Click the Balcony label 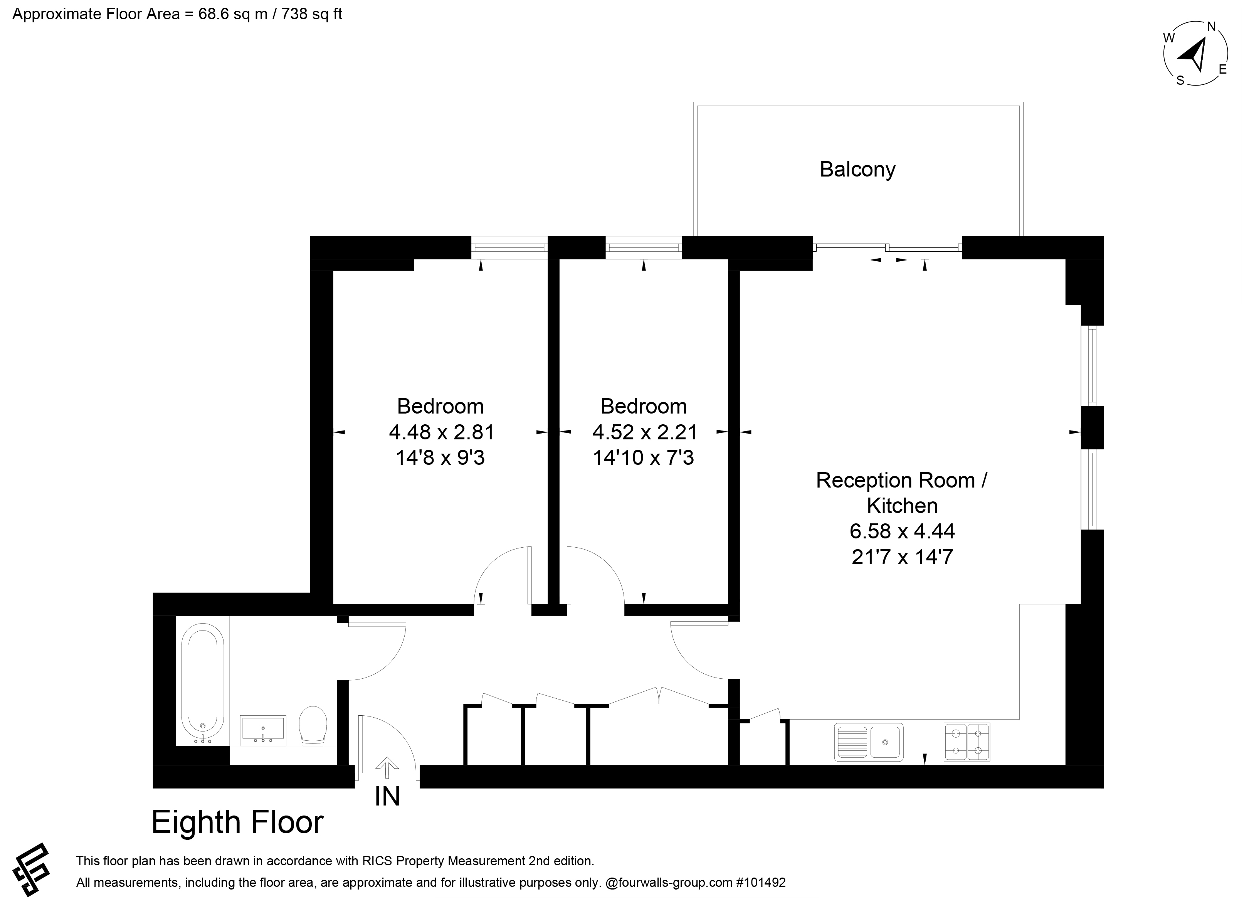point(857,169)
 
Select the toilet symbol point(313,726)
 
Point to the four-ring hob point(967,742)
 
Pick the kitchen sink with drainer point(869,742)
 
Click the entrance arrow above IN point(387,767)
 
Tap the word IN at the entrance point(387,796)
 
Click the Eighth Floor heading point(237,822)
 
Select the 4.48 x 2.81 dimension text point(442,432)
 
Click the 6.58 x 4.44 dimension point(902,531)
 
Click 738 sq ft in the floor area point(312,14)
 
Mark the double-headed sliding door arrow point(888,259)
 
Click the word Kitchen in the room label point(902,506)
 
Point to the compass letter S point(1180,81)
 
